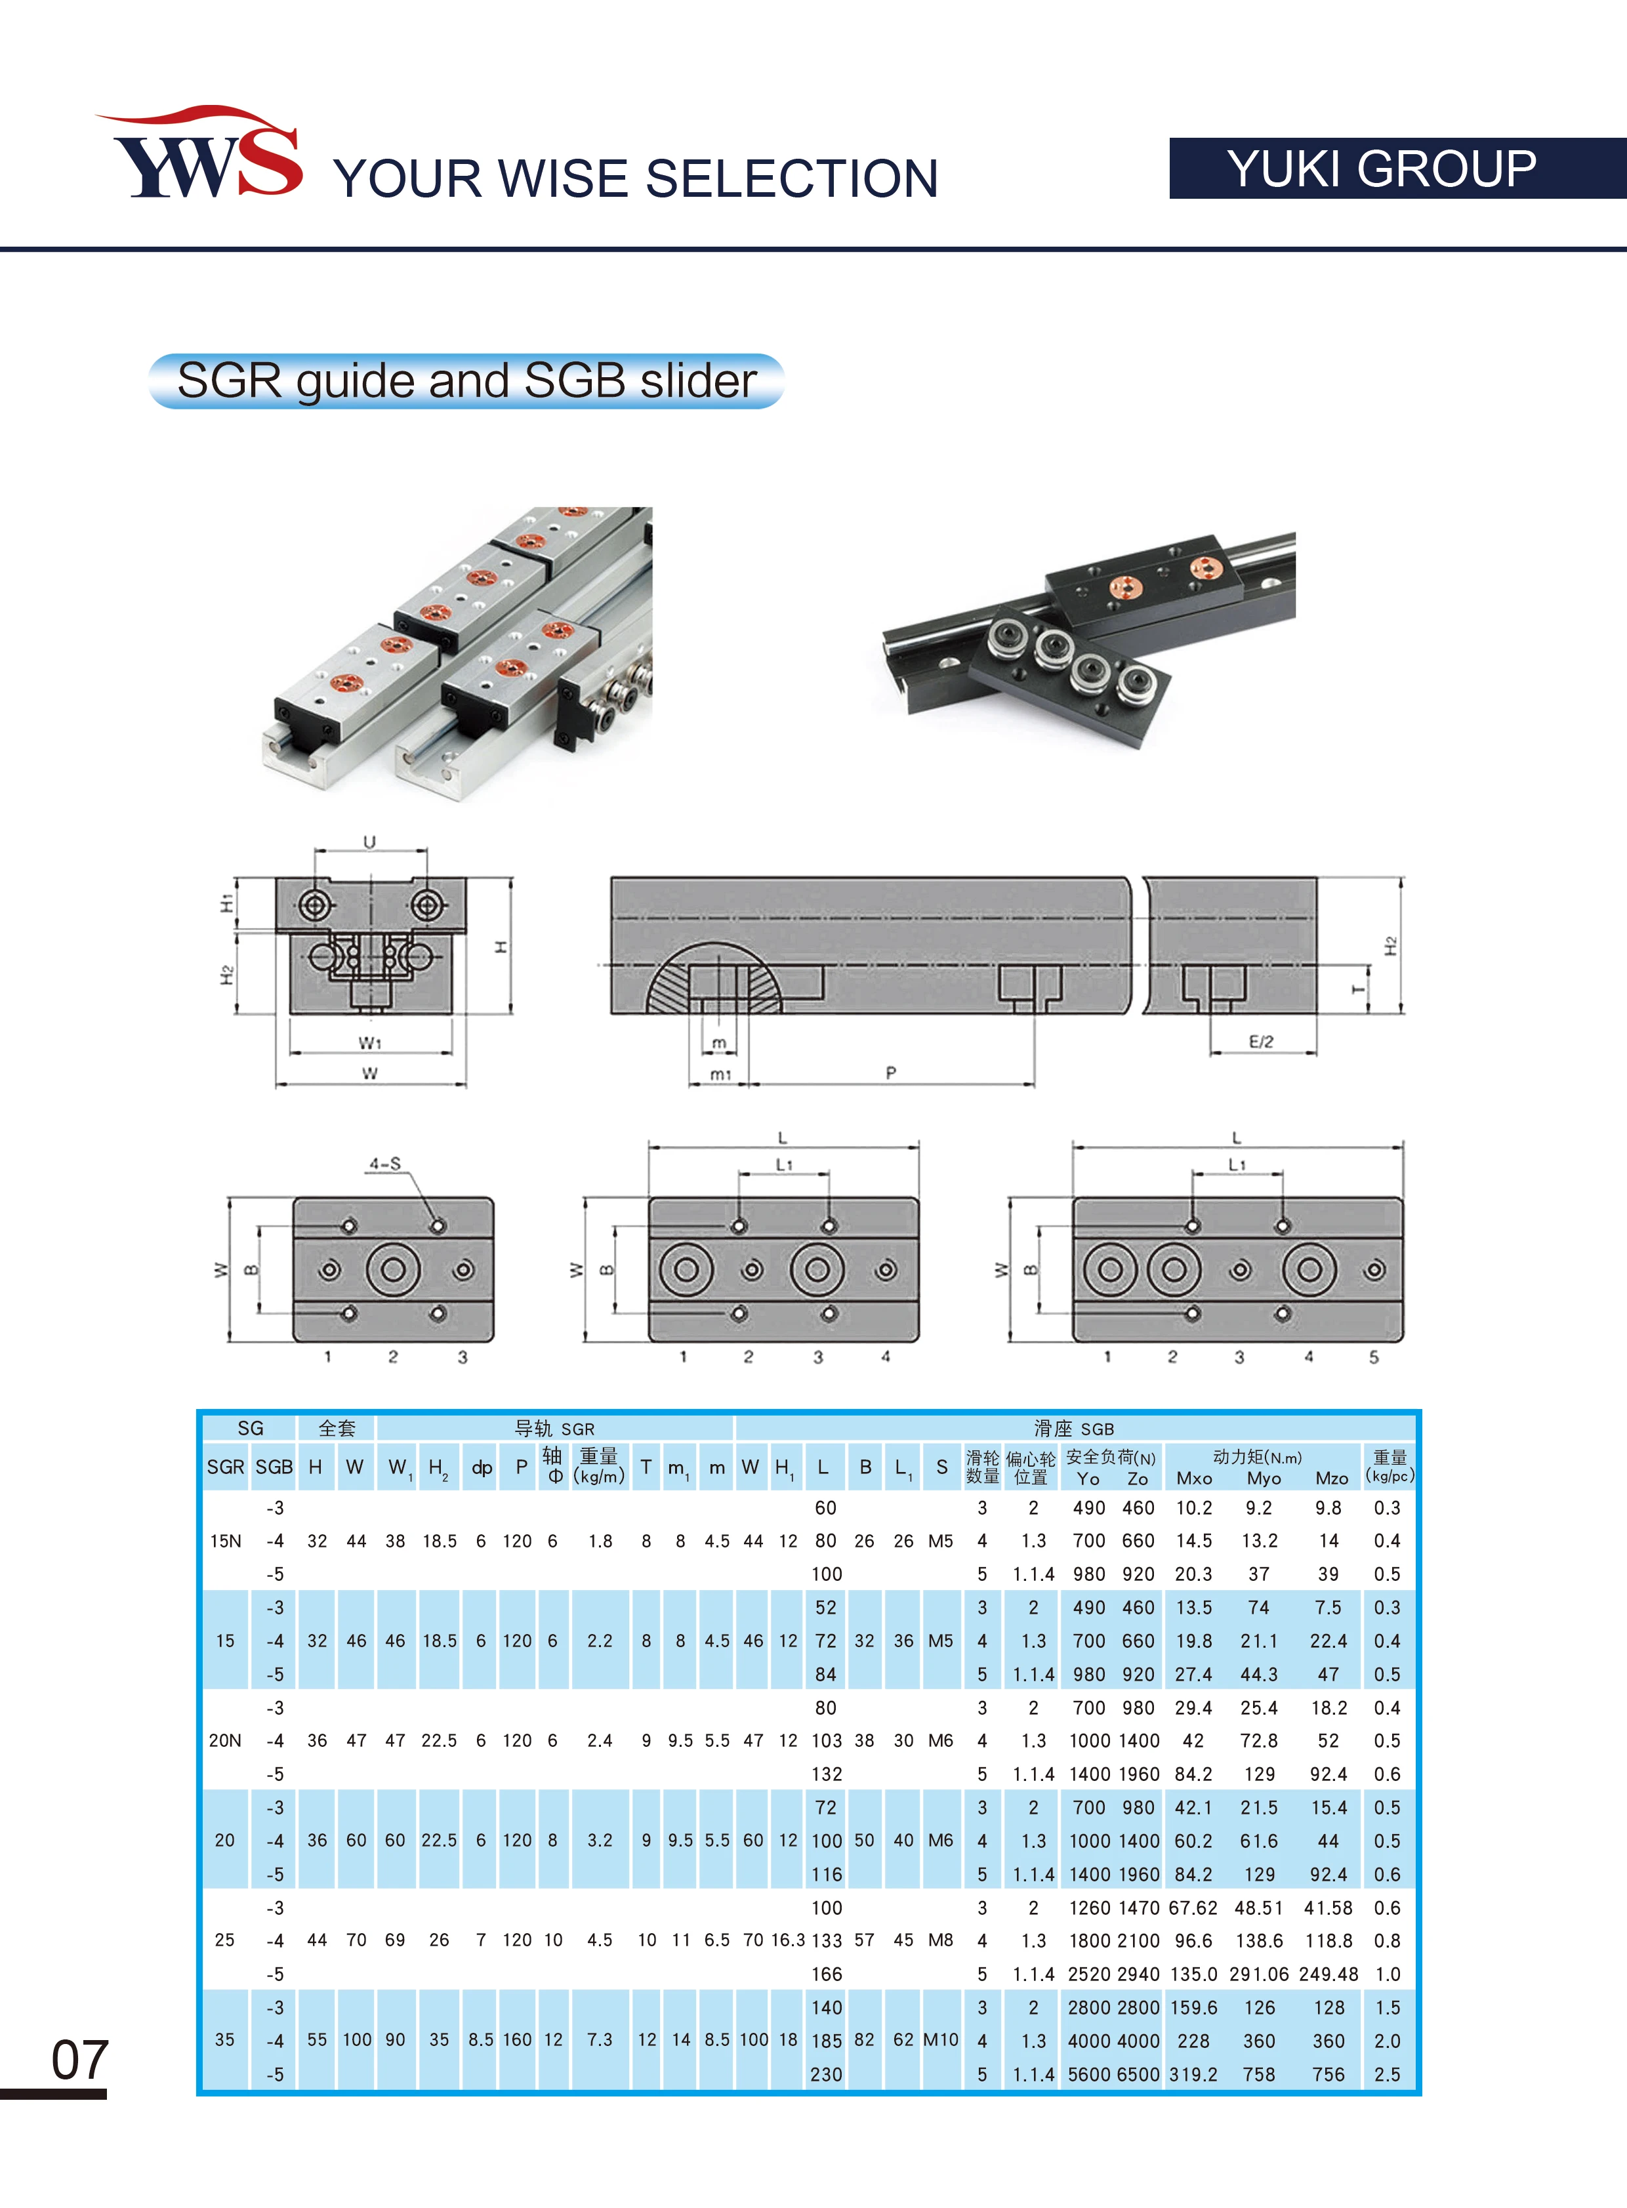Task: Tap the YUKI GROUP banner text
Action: [1381, 169]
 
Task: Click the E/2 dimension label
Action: [1261, 1041]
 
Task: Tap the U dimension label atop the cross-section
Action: [369, 842]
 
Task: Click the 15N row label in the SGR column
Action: [226, 1542]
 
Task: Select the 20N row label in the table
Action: [224, 1740]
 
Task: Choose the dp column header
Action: [482, 1467]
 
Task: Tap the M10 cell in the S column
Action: [941, 2039]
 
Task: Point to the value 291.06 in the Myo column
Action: [1260, 1974]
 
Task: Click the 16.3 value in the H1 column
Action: [788, 1940]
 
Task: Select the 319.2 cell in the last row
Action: [1193, 2074]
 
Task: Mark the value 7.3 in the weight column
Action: [600, 2039]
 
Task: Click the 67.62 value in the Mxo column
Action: [1193, 1908]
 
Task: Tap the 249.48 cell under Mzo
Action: [1328, 1974]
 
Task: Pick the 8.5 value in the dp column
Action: [481, 2039]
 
